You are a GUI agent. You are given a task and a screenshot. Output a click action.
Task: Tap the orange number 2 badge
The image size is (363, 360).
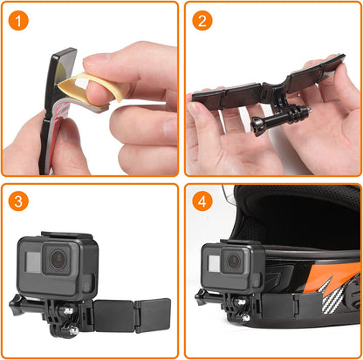[202, 19]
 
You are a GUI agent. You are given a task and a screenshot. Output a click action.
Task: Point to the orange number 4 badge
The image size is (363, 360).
[202, 200]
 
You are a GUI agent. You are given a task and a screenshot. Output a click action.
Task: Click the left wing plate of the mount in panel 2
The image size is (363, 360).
[218, 95]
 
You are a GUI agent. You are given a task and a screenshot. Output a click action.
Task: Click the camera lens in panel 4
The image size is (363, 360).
[233, 259]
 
